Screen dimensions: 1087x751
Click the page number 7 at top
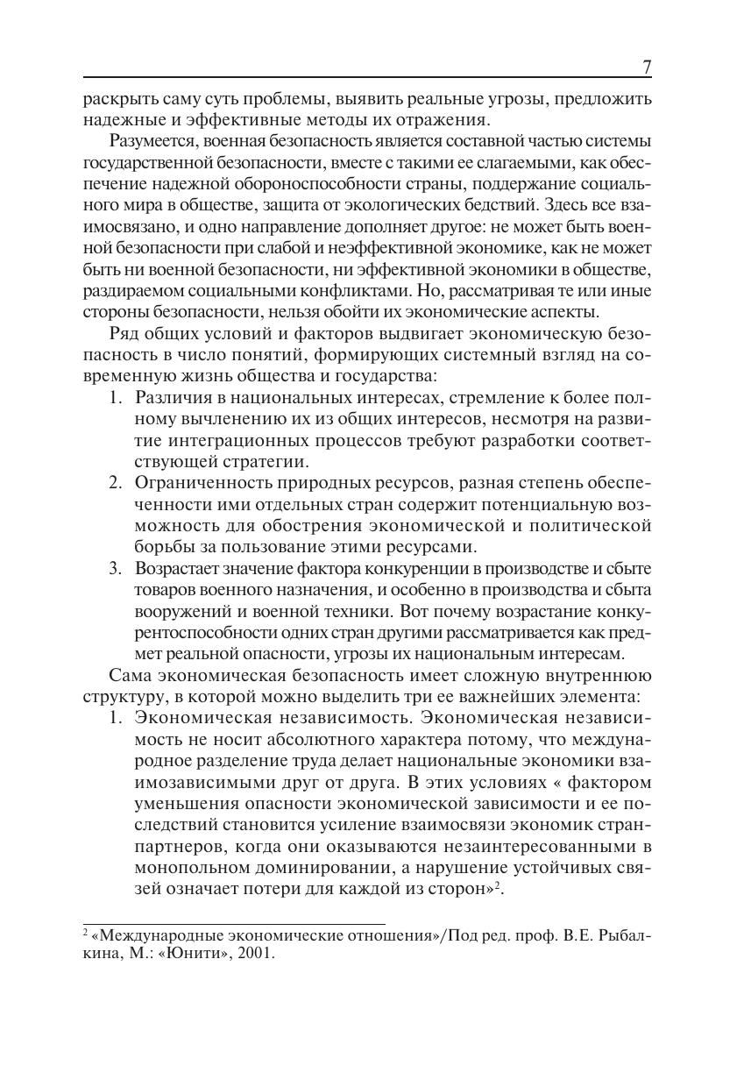pos(647,67)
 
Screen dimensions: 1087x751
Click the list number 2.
pos(115,482)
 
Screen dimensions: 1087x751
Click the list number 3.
pos(115,568)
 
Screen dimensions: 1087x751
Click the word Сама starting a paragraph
pos(130,675)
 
